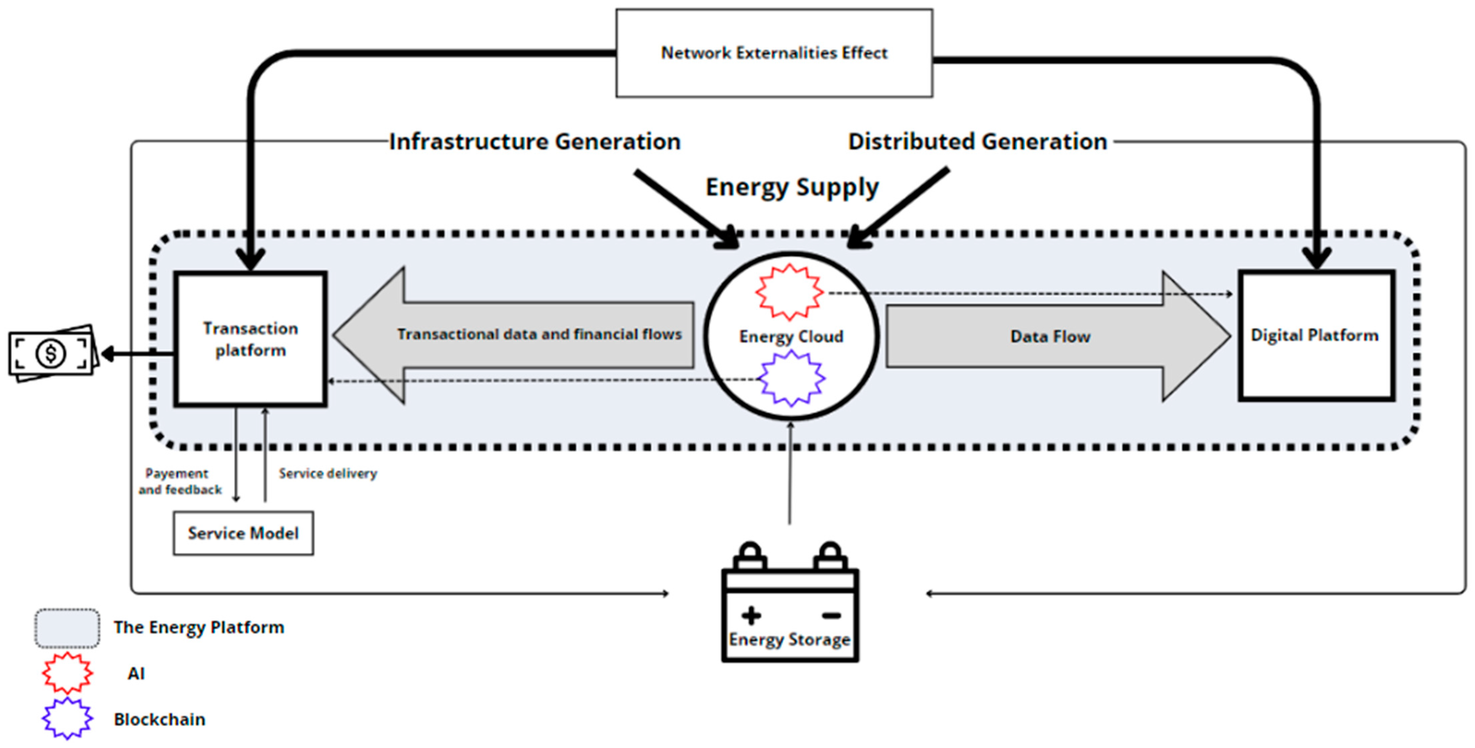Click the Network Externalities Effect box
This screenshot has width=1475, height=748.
click(774, 53)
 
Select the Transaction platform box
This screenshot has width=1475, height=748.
click(251, 339)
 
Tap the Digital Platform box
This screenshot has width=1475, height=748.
click(1315, 335)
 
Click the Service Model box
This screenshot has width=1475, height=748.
click(243, 533)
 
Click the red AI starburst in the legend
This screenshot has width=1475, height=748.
click(67, 673)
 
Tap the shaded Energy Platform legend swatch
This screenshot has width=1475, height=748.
click(67, 628)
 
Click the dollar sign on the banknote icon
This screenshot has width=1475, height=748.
click(51, 353)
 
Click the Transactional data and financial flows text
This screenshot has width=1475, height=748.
click(539, 334)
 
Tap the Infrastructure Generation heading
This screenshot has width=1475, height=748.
click(535, 142)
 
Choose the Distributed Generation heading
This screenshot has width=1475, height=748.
click(978, 142)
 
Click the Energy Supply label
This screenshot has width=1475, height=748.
click(792, 187)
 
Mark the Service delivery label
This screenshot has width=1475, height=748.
click(327, 473)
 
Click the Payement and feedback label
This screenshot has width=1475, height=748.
click(179, 481)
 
